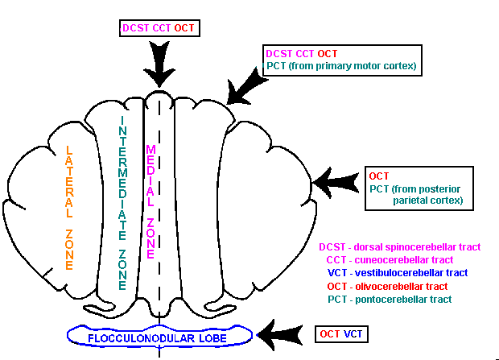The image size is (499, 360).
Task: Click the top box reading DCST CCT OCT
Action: coord(159,28)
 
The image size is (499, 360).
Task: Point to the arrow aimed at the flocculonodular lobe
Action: coord(282,333)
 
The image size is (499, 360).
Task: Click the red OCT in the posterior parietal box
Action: coord(379,176)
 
